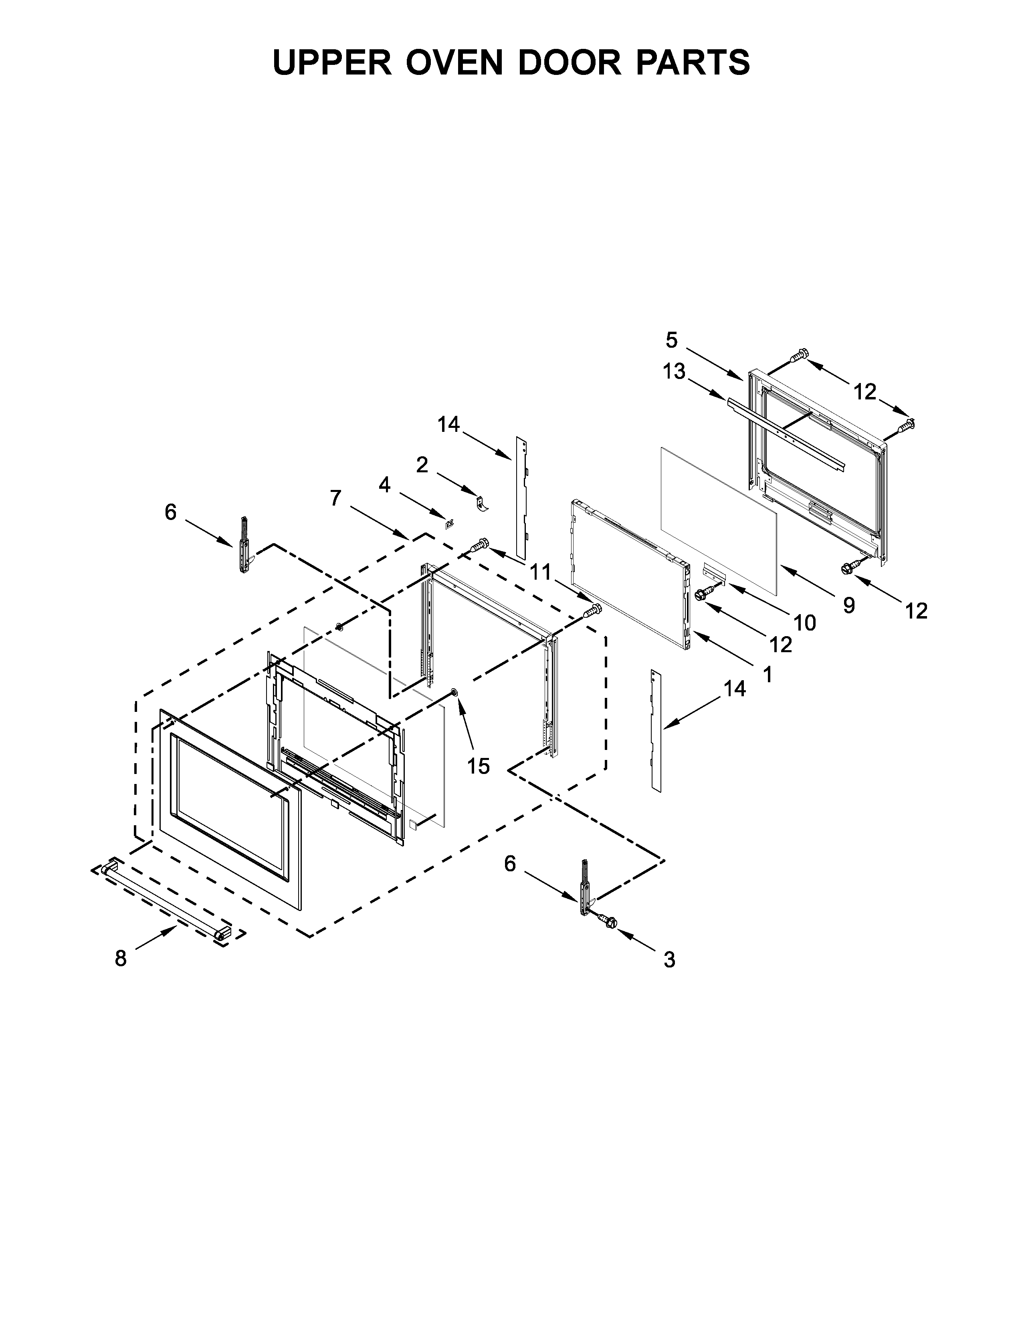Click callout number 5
(x=671, y=340)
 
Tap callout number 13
(x=674, y=371)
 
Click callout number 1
(x=768, y=674)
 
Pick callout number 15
(x=478, y=766)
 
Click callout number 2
(x=422, y=465)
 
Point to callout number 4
(x=384, y=485)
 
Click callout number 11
(x=541, y=571)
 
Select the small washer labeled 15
(x=454, y=692)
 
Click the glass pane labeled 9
(x=717, y=519)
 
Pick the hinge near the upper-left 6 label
(x=244, y=545)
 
